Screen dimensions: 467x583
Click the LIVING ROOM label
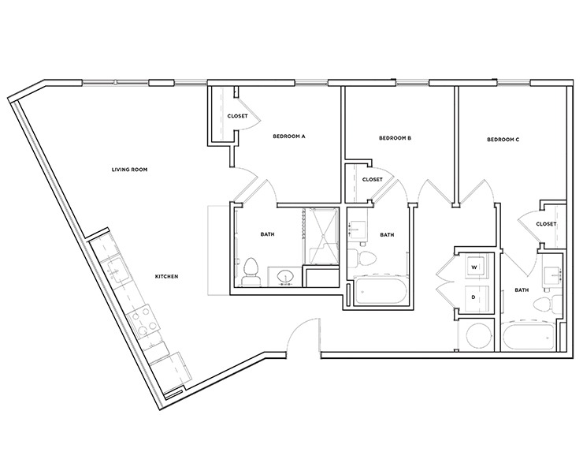(129, 169)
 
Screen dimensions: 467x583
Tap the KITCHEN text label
(166, 276)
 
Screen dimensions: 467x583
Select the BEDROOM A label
(288, 136)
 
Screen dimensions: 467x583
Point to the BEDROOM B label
(395, 137)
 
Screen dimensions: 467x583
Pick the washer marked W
(474, 267)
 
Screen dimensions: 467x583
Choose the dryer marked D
(474, 297)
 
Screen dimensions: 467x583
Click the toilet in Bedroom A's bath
(251, 271)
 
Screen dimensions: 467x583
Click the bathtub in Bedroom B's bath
(380, 292)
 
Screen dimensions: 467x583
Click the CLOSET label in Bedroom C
(546, 224)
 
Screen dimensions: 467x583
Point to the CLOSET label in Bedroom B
(372, 179)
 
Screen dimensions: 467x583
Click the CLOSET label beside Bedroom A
(238, 116)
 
